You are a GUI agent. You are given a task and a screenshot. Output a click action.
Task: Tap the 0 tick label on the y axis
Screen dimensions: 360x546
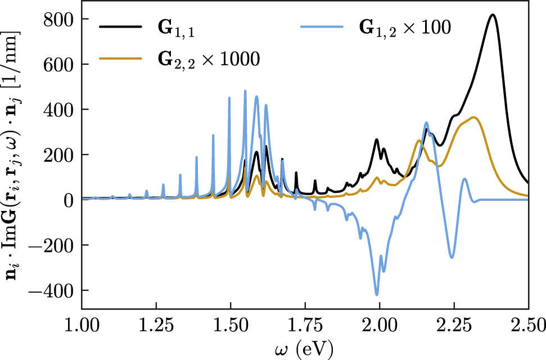click(x=69, y=200)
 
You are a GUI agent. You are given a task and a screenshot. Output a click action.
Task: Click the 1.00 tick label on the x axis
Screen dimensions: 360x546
click(x=82, y=326)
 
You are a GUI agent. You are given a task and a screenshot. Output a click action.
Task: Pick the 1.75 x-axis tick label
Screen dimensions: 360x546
click(x=305, y=326)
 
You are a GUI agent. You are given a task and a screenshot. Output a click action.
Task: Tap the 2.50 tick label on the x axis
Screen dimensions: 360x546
click(x=528, y=326)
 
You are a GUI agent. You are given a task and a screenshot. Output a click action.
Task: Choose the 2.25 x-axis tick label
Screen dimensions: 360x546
click(x=454, y=326)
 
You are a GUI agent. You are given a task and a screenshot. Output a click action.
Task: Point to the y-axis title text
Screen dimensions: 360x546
click(x=12, y=154)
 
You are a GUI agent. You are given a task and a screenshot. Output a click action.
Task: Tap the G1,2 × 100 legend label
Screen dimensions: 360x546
click(x=404, y=29)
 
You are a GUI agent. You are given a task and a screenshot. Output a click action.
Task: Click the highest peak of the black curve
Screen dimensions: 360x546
click(x=493, y=15)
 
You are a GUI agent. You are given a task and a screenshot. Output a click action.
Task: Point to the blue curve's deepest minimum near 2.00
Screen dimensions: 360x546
click(x=377, y=295)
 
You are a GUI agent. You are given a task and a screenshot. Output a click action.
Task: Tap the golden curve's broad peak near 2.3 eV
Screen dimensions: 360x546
click(x=474, y=117)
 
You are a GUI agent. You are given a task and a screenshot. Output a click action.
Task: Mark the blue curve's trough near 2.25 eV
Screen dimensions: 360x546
click(x=452, y=258)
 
